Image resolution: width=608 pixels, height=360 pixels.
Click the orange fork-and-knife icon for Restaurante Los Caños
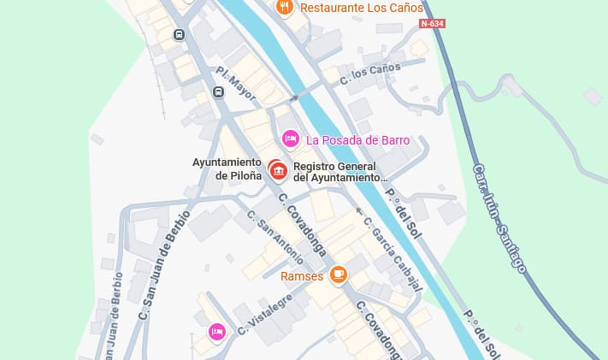[x=285, y=8]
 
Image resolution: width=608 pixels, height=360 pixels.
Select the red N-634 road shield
[x=432, y=23]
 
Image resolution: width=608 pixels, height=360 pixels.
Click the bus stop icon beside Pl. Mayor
[x=219, y=92]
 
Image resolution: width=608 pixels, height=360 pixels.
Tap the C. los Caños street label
[x=370, y=74]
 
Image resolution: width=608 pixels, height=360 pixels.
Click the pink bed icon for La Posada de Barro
[x=290, y=139]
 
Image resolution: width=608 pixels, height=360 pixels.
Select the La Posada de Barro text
[x=358, y=140]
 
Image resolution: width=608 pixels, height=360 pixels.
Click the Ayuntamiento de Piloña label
[x=226, y=169]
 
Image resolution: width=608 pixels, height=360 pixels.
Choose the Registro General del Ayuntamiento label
[x=340, y=171]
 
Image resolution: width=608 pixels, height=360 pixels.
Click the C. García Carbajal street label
[x=392, y=254]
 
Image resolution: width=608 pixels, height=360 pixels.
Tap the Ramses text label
[x=302, y=275]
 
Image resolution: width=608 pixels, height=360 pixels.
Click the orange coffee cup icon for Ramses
[x=339, y=274]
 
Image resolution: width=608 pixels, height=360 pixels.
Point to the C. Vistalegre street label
[x=265, y=314]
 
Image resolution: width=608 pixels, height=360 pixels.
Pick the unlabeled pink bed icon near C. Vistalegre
[x=216, y=331]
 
